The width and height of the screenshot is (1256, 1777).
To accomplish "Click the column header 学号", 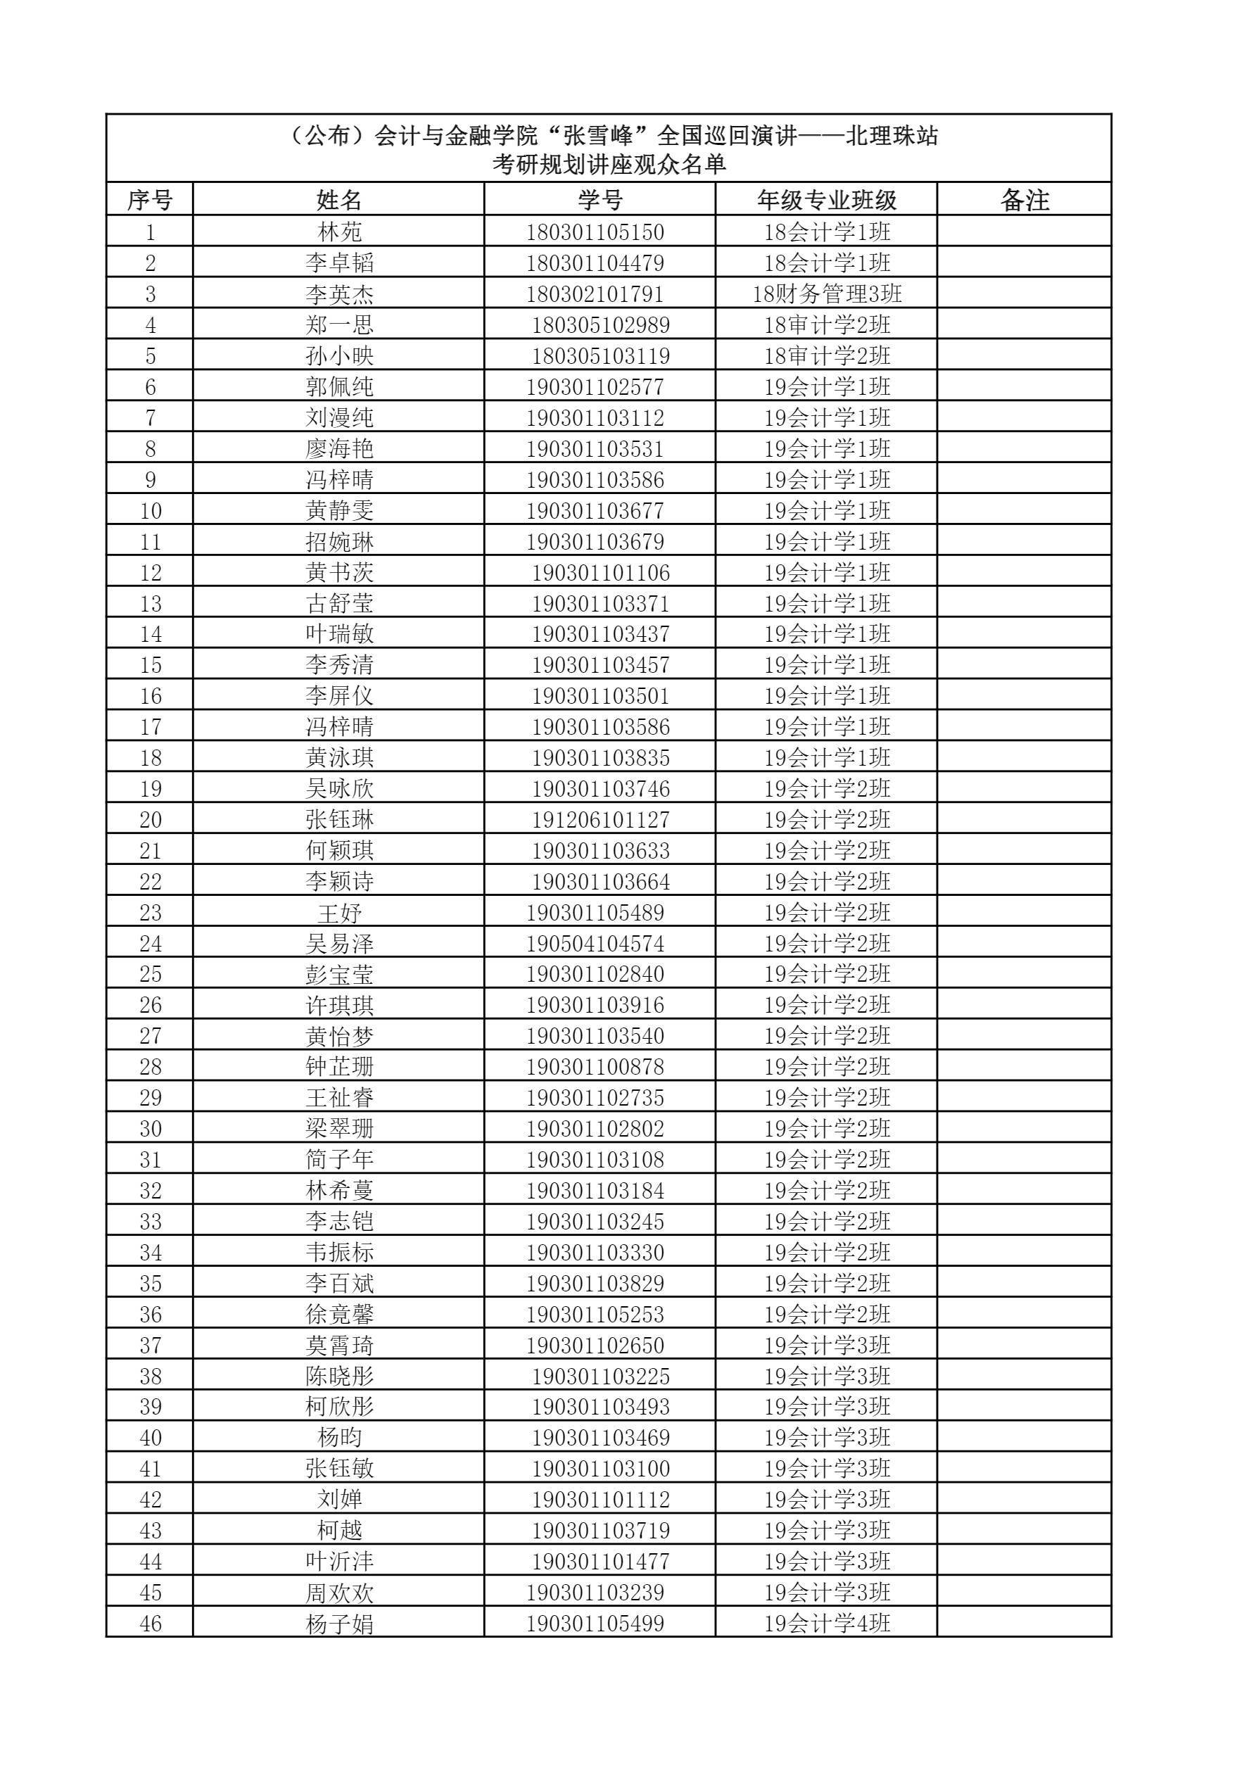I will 600,201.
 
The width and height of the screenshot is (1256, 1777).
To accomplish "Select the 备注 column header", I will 1024,201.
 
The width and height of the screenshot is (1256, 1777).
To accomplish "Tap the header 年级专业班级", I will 827,201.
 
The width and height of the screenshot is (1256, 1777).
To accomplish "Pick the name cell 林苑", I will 339,232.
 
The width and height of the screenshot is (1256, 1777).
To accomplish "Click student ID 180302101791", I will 595,294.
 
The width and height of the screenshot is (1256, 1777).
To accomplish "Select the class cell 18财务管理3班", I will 827,294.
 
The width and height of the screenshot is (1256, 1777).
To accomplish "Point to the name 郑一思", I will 339,325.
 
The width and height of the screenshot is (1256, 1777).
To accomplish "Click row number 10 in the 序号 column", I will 150,511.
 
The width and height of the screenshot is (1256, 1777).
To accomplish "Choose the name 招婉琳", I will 339,542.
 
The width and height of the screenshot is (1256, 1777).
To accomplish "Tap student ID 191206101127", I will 600,820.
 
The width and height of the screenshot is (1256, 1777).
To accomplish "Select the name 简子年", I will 339,1159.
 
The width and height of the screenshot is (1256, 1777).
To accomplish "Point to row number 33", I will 150,1221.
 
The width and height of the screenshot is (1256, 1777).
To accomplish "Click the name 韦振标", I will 339,1252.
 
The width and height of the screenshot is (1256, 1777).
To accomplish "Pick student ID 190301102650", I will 595,1345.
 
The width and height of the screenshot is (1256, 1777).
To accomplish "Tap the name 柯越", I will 339,1530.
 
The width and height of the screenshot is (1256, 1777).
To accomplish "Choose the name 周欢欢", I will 339,1592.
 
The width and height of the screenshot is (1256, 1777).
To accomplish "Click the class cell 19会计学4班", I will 827,1623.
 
